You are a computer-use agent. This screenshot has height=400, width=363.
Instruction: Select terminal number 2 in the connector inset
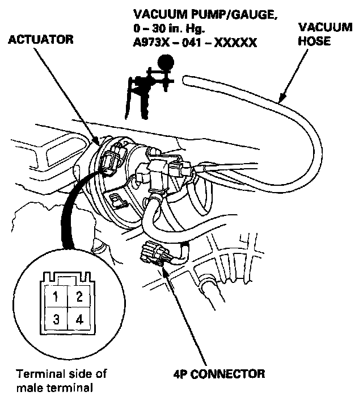click(79, 297)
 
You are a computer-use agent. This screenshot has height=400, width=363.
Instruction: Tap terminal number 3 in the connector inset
click(56, 319)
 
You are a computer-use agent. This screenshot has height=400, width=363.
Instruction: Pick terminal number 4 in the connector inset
click(79, 319)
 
